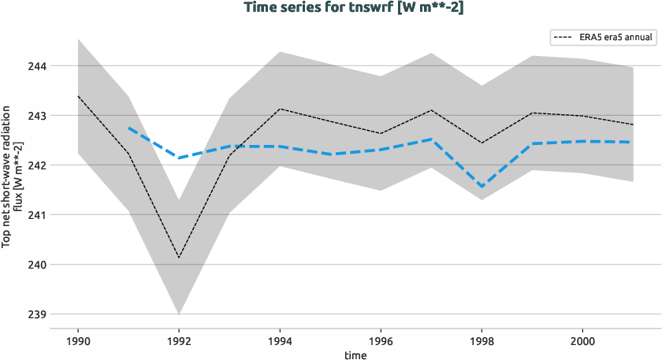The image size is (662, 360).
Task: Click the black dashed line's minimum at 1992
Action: coord(179,258)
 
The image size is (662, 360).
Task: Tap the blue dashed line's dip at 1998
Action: coord(482,187)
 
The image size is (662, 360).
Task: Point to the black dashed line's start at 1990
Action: coord(78,96)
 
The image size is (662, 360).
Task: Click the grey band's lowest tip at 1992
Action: coord(179,314)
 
